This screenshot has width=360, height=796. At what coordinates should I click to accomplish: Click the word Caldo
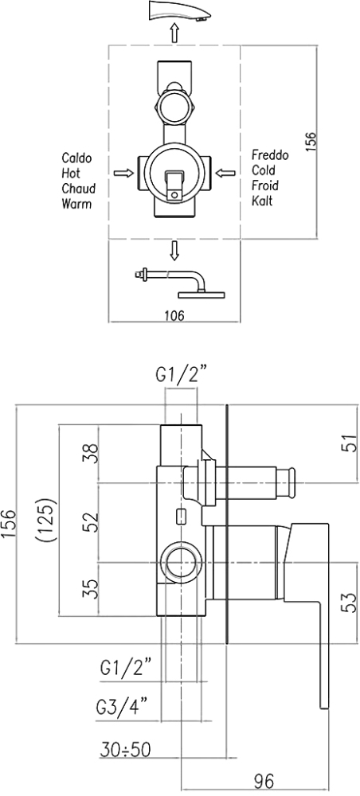(76, 158)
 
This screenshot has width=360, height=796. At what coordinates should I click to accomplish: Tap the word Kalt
(263, 201)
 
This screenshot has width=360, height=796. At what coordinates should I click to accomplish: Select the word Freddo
(270, 155)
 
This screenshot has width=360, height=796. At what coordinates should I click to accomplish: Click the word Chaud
(79, 189)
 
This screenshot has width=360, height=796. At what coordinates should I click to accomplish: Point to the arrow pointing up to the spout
(174, 33)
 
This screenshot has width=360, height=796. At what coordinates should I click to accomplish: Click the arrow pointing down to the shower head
(174, 251)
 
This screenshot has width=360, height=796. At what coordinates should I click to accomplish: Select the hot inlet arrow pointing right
(123, 174)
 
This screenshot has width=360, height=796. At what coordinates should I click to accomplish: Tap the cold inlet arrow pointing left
(225, 174)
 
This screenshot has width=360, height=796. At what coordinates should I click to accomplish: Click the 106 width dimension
(174, 315)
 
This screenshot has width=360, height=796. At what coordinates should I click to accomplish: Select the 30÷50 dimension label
(125, 749)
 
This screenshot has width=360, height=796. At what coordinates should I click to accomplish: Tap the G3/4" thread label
(122, 707)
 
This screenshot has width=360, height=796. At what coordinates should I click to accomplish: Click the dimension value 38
(89, 454)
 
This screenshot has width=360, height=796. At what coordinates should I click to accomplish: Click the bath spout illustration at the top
(178, 11)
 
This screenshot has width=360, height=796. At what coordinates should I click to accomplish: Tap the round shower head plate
(203, 294)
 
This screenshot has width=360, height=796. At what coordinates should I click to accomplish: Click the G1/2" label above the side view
(180, 377)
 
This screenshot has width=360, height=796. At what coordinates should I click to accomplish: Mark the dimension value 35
(89, 589)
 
